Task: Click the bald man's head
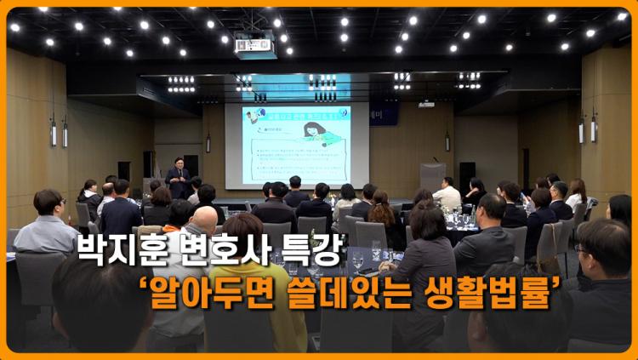[204, 220]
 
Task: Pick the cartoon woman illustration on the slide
[316, 136]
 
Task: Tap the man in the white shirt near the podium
[447, 195]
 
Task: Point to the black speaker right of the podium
[467, 174]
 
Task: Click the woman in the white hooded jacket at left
[88, 199]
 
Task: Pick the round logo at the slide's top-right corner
[341, 114]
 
